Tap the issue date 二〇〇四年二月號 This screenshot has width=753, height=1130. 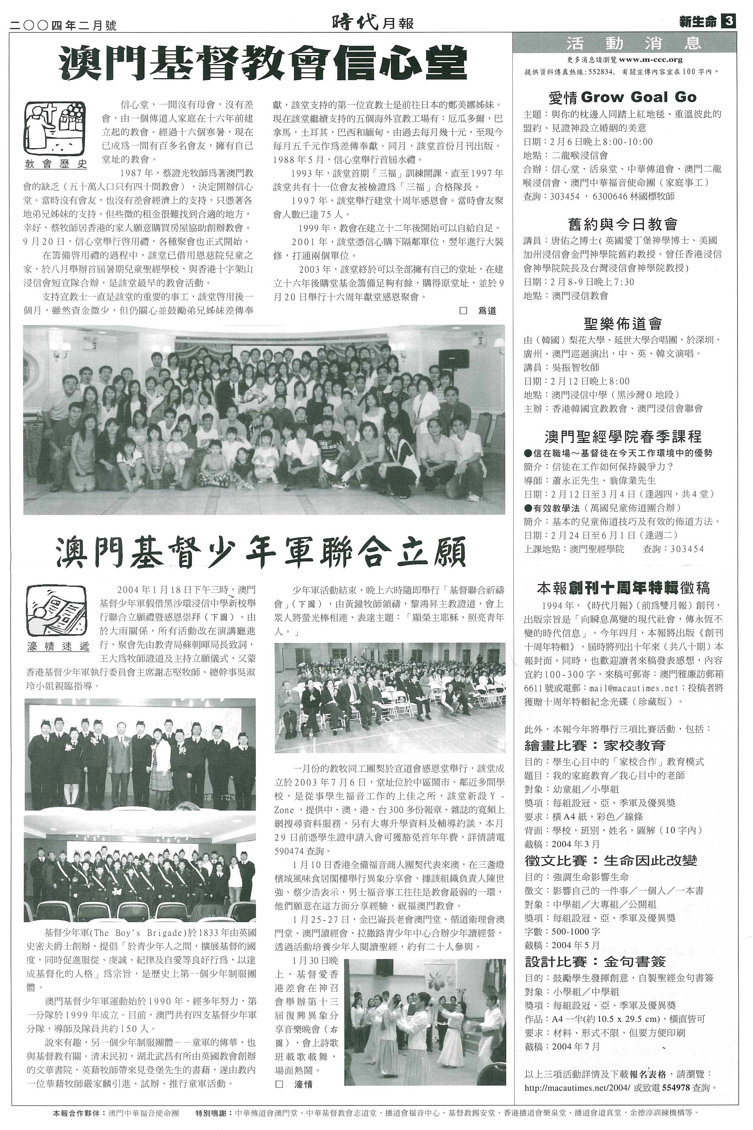tap(63, 24)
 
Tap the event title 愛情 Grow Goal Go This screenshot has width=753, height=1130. tap(622, 98)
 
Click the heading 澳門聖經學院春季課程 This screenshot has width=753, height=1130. tap(623, 436)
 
